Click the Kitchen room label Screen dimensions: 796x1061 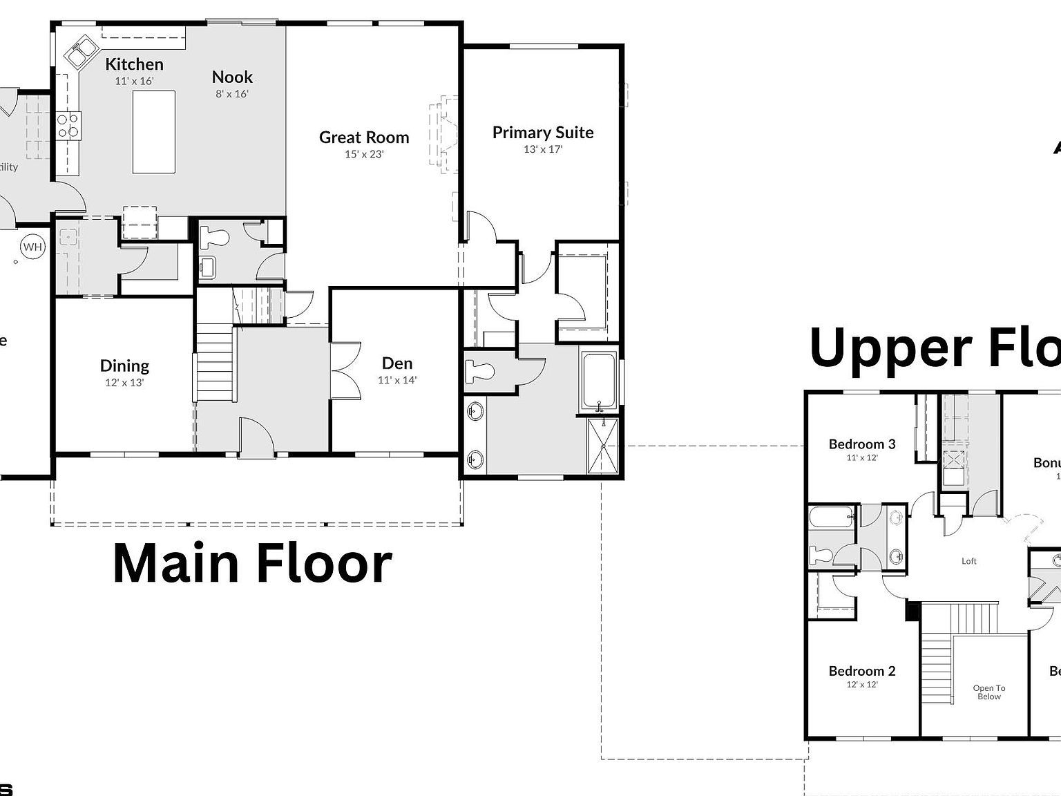[134, 64]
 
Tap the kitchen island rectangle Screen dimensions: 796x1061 [153, 132]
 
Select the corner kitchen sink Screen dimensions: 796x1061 [82, 53]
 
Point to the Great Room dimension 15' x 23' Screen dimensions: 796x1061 [364, 154]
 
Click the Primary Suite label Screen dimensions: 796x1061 [542, 133]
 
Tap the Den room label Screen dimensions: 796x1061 [397, 363]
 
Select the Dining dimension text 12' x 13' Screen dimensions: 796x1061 [124, 382]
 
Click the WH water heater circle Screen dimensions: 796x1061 [32, 247]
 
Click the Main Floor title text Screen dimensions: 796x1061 [252, 564]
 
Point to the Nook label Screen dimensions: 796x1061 [232, 77]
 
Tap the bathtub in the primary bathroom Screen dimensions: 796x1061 [599, 381]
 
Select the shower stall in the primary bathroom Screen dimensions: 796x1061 [604, 446]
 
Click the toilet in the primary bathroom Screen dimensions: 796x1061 [479, 371]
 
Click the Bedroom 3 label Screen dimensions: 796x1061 [861, 444]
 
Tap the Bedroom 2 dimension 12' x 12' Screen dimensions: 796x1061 [861, 685]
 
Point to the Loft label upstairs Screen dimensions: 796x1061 [968, 561]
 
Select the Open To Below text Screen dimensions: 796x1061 [988, 692]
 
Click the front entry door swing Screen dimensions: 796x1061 [256, 435]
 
